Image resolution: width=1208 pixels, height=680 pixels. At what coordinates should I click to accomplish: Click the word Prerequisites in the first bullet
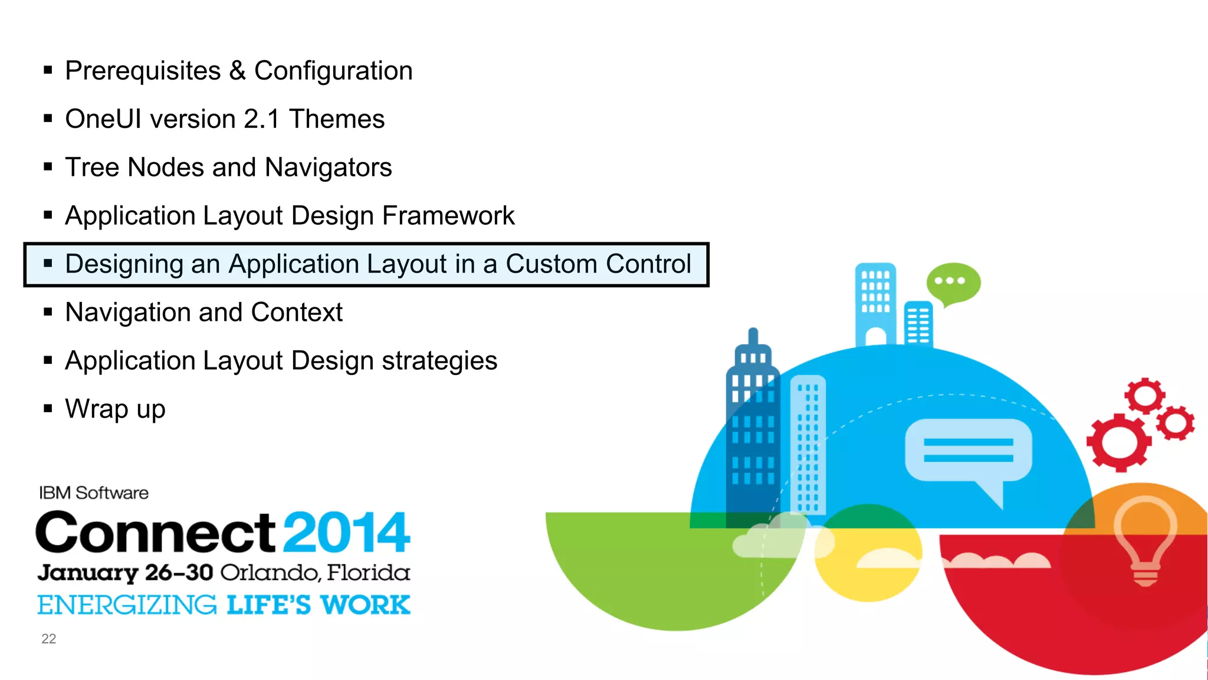[143, 71]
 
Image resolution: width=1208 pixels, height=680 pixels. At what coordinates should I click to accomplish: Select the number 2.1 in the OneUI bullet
[261, 120]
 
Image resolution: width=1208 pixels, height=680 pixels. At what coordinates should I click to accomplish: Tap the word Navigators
[328, 168]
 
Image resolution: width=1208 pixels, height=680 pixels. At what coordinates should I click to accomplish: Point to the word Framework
[448, 216]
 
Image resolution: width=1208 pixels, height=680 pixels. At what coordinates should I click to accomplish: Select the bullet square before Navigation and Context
[48, 312]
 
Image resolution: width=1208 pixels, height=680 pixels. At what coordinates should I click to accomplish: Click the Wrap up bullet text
[115, 409]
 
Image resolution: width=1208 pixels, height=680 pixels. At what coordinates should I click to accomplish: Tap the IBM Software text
[94, 493]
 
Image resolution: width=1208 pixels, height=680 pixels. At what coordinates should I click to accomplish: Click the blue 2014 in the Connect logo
[346, 533]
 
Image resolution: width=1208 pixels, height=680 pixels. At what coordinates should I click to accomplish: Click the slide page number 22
[48, 639]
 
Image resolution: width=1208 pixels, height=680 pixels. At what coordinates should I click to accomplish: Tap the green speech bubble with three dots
[953, 282]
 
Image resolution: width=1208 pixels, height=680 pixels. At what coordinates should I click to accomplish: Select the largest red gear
[1118, 442]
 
